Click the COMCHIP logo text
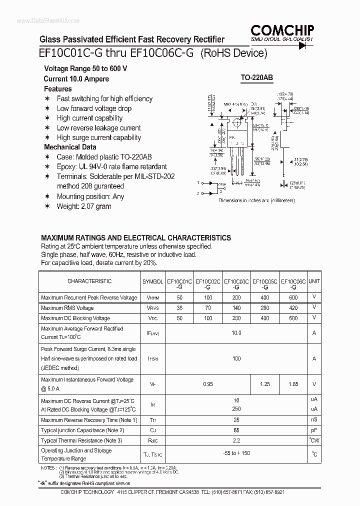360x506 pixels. point(282,29)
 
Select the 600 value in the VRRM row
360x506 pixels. point(293,297)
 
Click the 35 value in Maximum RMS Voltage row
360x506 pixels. point(179,308)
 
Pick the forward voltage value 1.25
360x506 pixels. point(265,384)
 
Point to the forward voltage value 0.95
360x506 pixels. point(208,384)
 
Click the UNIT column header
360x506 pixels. point(314,281)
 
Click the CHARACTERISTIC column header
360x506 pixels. point(89,281)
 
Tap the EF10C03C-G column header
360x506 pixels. point(236,284)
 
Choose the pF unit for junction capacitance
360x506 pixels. point(314,430)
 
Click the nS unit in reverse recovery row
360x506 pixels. point(314,420)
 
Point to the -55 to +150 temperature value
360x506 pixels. point(236,454)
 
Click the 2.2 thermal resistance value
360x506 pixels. point(236,440)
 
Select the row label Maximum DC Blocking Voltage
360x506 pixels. point(75,318)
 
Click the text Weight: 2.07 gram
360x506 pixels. point(83,206)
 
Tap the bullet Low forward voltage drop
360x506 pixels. point(94,108)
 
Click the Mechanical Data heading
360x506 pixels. point(69,147)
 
